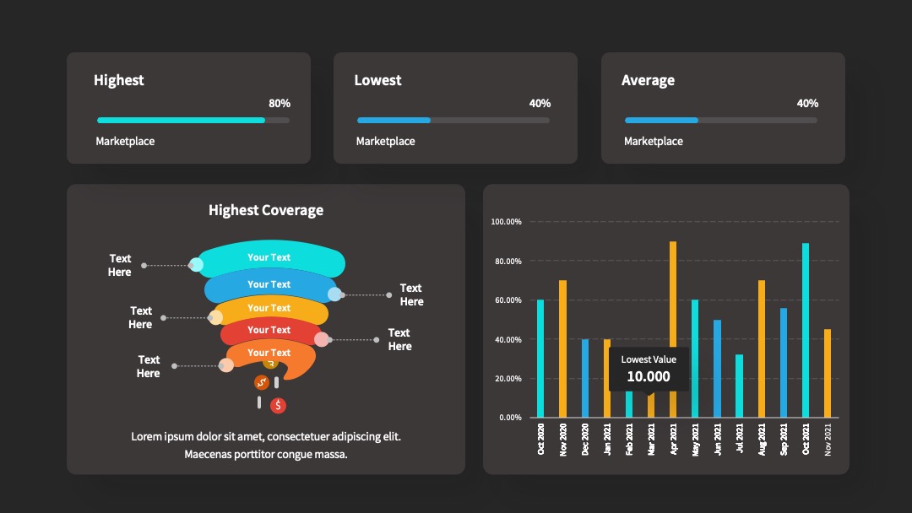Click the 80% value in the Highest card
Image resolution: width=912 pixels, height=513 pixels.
point(280,104)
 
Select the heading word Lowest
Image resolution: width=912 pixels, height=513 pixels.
point(377,80)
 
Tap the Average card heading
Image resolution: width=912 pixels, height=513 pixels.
point(648,80)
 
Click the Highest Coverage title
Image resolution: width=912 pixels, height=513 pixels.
point(266,210)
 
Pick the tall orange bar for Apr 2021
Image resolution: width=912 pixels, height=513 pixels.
point(673,329)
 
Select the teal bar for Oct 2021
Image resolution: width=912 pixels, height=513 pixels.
point(806,330)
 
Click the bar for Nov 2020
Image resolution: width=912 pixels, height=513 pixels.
point(562,348)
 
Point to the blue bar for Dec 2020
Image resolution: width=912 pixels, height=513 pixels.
point(585,378)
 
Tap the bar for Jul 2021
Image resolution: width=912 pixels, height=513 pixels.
point(739,386)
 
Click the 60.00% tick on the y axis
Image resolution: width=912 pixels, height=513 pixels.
point(508,300)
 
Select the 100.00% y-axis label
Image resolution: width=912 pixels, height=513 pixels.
point(506,222)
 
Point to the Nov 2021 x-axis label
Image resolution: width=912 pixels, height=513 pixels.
point(828,440)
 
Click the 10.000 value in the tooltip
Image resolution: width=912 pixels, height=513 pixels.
point(649,376)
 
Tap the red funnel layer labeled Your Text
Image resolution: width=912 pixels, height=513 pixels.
point(269,331)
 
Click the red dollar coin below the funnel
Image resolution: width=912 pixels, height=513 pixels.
point(278,406)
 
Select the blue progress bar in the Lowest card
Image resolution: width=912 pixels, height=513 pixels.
point(394,121)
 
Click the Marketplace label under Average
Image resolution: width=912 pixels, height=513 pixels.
point(653,141)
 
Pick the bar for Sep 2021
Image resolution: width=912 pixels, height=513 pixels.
point(784,363)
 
